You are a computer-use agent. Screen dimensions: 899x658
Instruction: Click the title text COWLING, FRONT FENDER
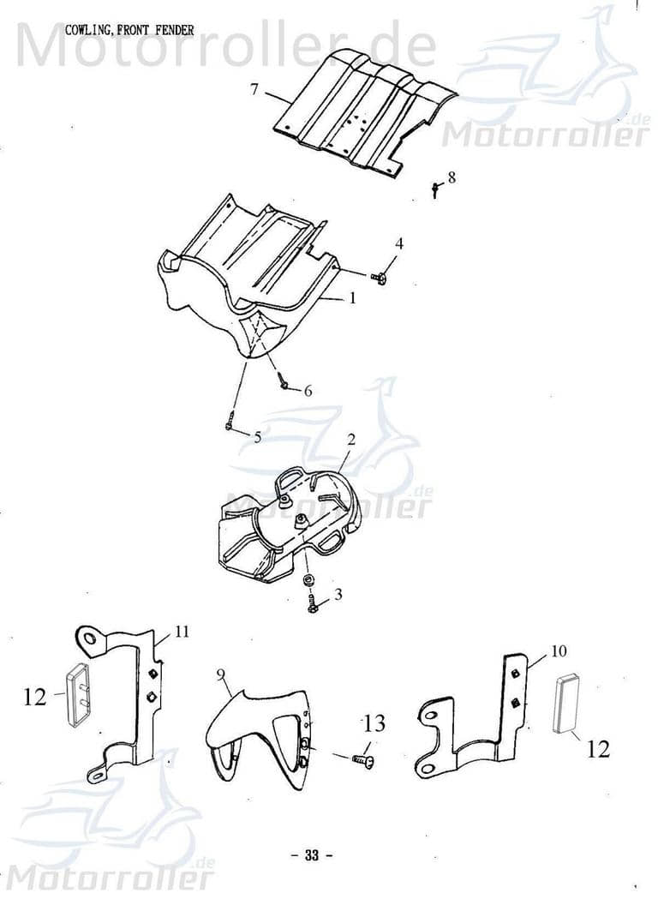tap(129, 30)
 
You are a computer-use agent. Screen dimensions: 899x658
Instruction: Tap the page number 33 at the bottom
tap(311, 854)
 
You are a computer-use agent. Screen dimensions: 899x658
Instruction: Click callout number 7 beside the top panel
tap(254, 89)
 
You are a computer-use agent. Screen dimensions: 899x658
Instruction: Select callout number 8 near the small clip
tap(452, 177)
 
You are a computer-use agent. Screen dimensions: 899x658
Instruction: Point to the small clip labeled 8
tap(435, 189)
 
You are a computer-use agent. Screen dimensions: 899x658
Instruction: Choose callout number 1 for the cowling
tap(351, 298)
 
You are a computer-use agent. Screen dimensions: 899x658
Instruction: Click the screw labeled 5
tap(230, 424)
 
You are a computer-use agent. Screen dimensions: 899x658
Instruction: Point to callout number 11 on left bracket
tap(182, 632)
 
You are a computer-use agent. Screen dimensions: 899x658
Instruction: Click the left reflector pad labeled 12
tap(77, 695)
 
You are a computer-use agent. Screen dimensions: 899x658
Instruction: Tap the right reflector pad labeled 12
tap(566, 704)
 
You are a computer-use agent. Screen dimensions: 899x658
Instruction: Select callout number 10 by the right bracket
tap(559, 650)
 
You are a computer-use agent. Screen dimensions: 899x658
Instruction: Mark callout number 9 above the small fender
tap(221, 676)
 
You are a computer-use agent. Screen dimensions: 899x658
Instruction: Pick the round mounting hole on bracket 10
tap(429, 712)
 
